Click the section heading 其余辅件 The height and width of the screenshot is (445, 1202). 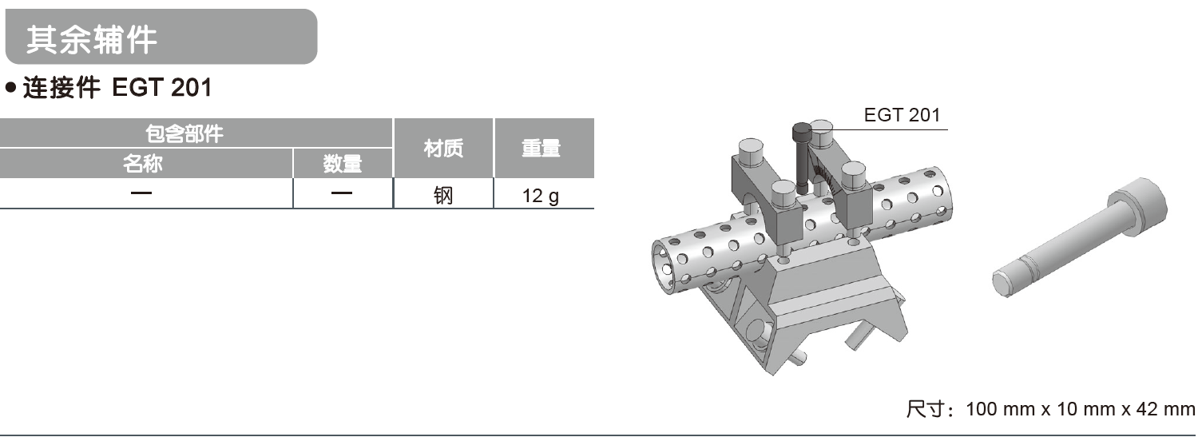pyautogui.click(x=91, y=39)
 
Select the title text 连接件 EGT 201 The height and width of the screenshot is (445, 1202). pyautogui.click(x=117, y=88)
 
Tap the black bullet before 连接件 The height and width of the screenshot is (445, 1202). pyautogui.click(x=10, y=88)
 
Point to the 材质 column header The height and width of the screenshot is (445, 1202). pyautogui.click(x=443, y=149)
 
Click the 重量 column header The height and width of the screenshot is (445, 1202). pyautogui.click(x=543, y=149)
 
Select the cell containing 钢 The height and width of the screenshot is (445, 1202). pyautogui.click(x=443, y=194)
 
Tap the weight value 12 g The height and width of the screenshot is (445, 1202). pyautogui.click(x=541, y=194)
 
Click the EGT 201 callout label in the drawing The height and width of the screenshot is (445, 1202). pyautogui.click(x=902, y=115)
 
